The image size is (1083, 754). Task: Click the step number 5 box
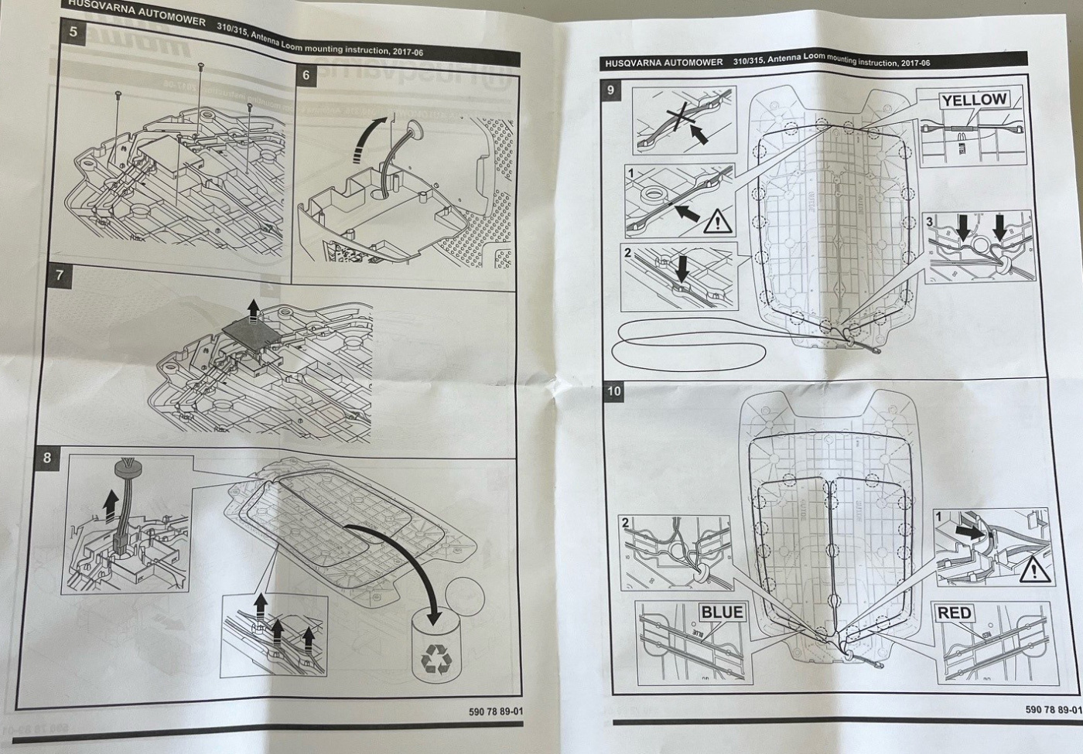pos(73,32)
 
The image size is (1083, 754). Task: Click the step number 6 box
pos(306,74)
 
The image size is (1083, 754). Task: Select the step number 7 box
pos(60,276)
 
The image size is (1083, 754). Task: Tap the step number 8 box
pos(47,458)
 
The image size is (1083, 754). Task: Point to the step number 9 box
pos(611,90)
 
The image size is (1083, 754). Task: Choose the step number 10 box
pos(613,391)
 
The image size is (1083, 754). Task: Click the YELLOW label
pos(973,100)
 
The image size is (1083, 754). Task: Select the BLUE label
pos(721,612)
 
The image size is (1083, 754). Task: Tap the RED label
pos(954,613)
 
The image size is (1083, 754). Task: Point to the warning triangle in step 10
pos(1034,571)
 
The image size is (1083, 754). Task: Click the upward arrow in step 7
pos(252,308)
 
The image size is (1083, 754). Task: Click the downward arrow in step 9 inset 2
pos(682,268)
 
